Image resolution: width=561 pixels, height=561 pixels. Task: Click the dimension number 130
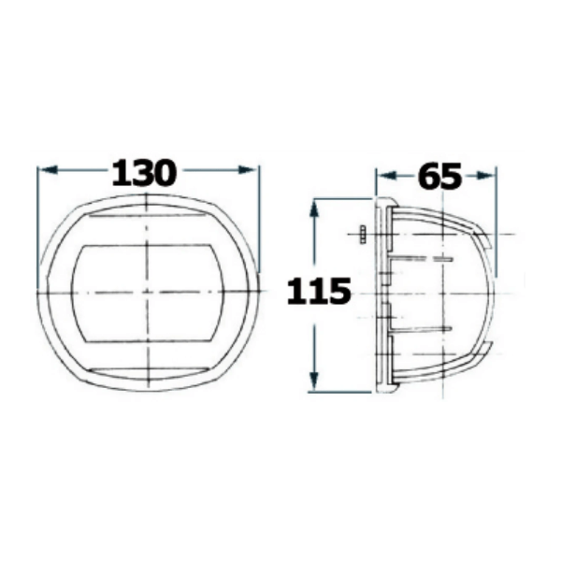tap(144, 173)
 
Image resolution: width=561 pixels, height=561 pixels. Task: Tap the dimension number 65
tap(439, 176)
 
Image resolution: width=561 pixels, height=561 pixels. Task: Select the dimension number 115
tap(319, 291)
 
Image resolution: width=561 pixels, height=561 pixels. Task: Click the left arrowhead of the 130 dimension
tap(48, 170)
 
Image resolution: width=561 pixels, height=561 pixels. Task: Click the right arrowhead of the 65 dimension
tap(486, 176)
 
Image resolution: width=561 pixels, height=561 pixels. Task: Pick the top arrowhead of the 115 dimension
tap(314, 210)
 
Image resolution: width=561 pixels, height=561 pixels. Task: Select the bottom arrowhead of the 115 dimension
tap(314, 381)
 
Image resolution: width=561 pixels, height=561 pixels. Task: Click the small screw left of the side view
tap(363, 235)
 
